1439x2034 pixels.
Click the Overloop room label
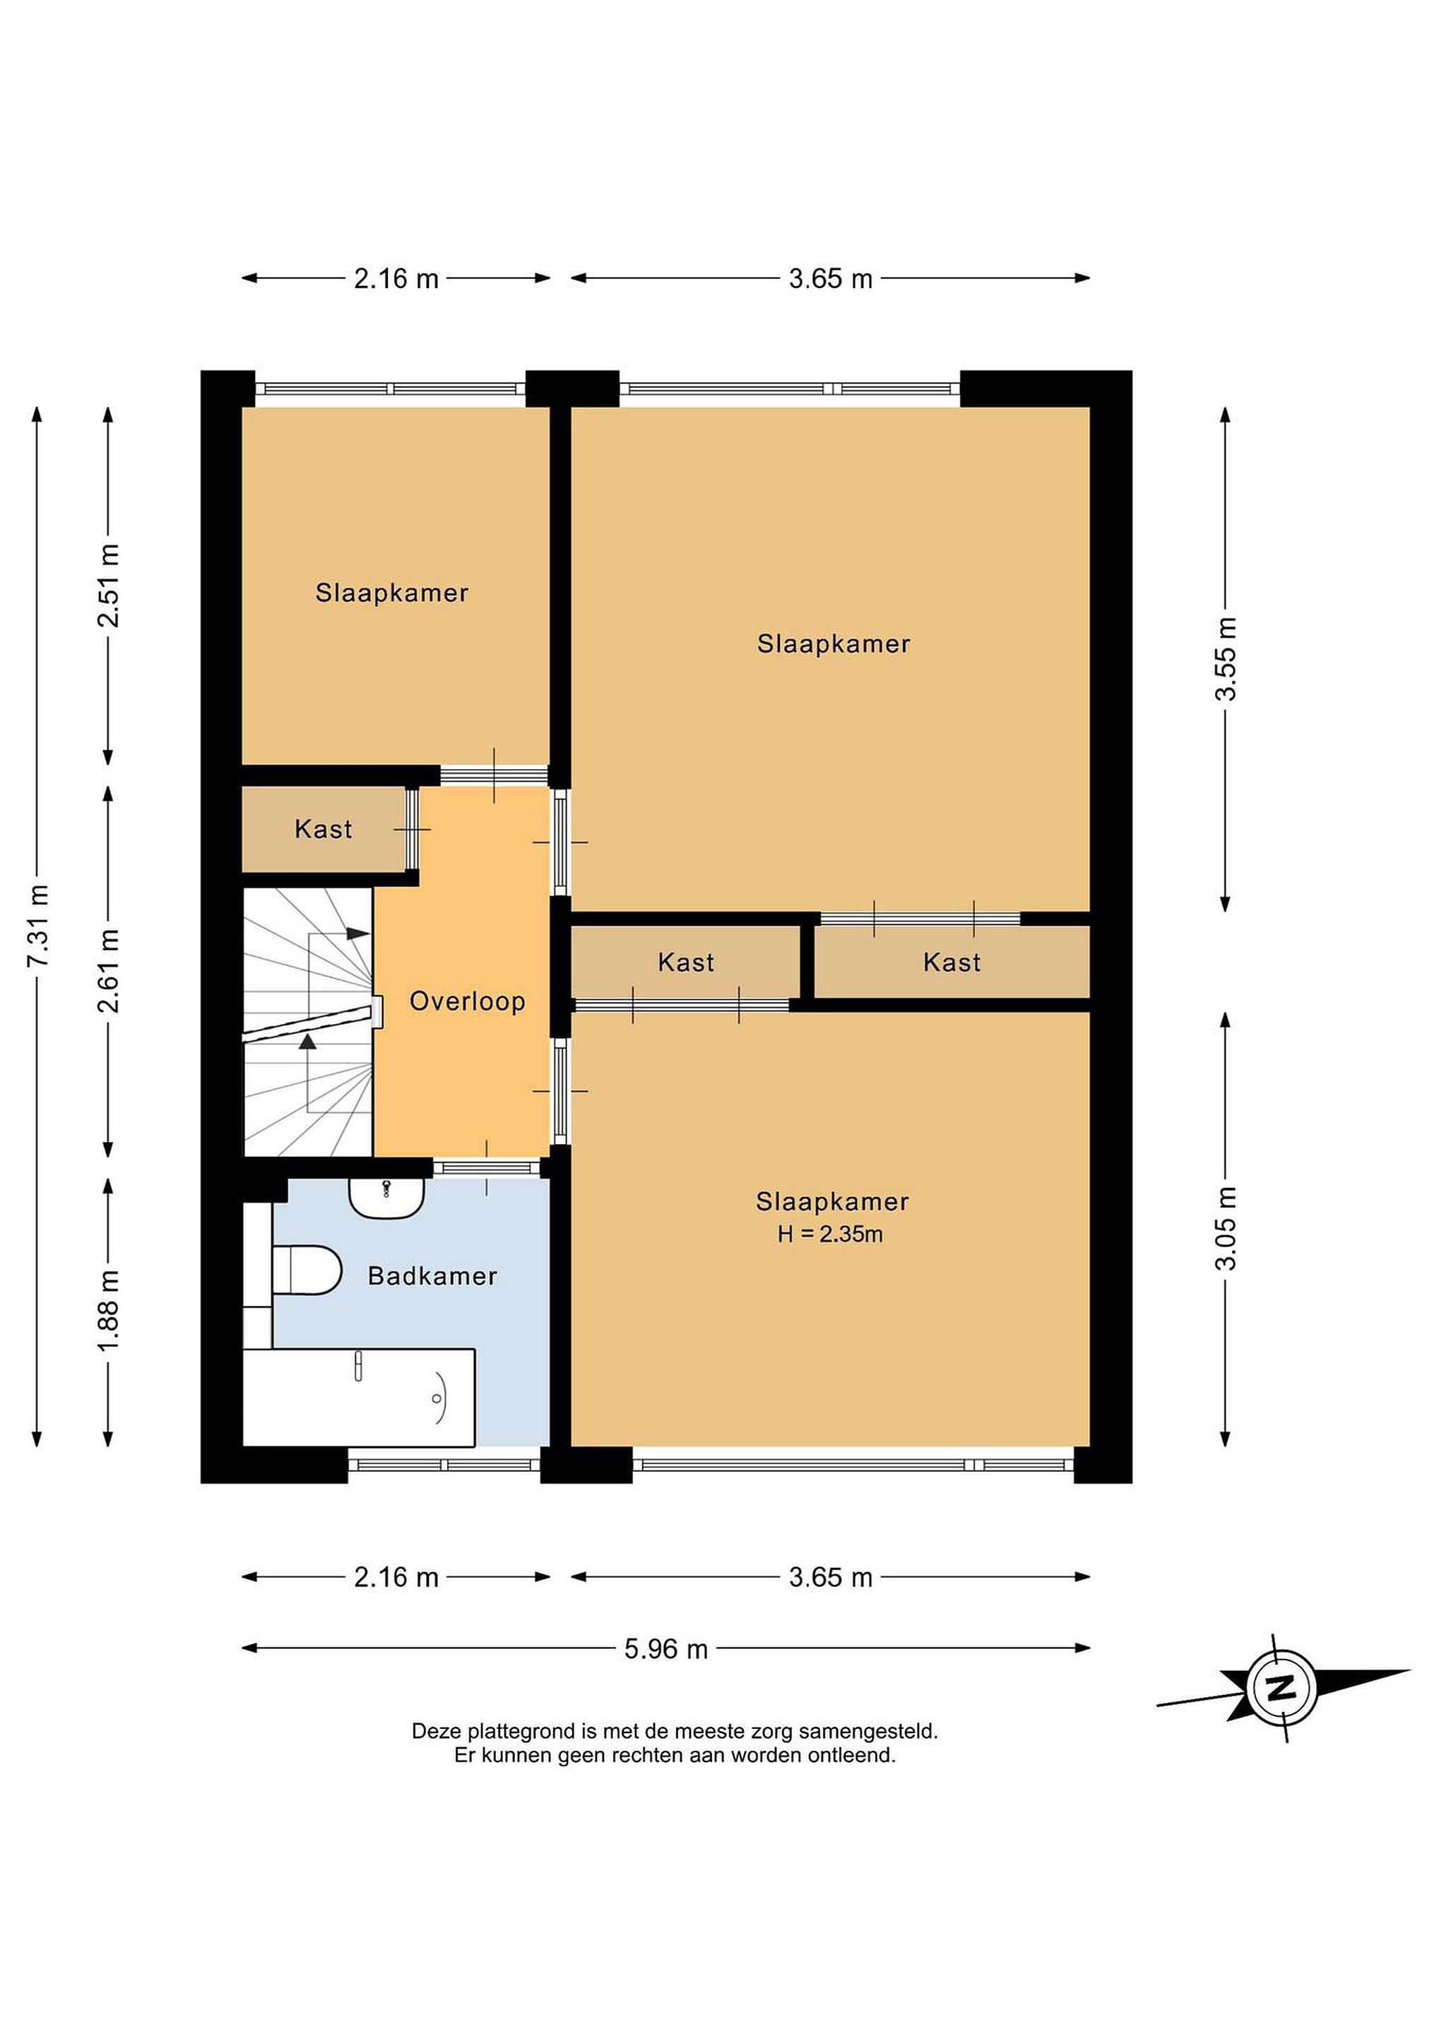(x=467, y=1002)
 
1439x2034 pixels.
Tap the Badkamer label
(x=432, y=1277)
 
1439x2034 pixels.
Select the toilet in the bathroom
(x=307, y=1271)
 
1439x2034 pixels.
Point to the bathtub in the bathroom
(x=359, y=1398)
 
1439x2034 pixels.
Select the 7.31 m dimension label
(x=38, y=926)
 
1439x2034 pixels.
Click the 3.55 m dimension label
(x=1226, y=658)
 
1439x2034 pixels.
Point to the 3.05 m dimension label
(x=1226, y=1228)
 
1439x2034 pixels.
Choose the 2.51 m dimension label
(x=108, y=585)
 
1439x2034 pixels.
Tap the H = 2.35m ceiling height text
(x=830, y=1234)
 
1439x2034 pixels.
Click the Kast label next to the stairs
(x=324, y=829)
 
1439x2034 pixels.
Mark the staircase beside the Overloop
(x=308, y=1023)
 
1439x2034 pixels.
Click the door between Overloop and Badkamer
(x=487, y=1167)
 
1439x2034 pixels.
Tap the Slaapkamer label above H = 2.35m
(x=832, y=1202)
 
